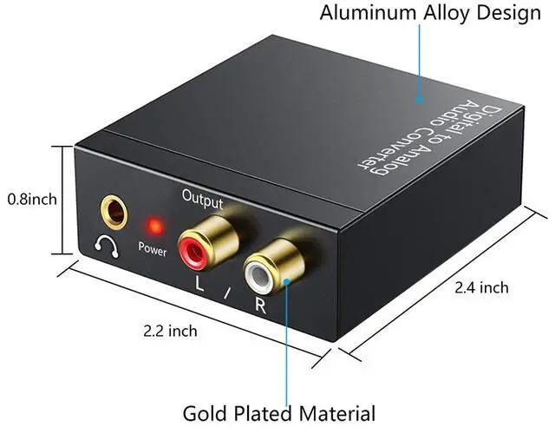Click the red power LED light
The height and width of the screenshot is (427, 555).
pyautogui.click(x=155, y=226)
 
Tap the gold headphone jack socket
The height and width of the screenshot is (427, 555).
pyautogui.click(x=114, y=212)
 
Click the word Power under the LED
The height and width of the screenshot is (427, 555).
pyautogui.click(x=153, y=249)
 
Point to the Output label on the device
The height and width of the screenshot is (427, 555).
pyautogui.click(x=202, y=199)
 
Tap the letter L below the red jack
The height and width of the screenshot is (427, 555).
pyautogui.click(x=199, y=284)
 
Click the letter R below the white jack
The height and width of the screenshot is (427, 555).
pyautogui.click(x=261, y=305)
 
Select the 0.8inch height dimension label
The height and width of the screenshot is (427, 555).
pyautogui.click(x=32, y=199)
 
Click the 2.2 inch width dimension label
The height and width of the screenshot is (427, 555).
pyautogui.click(x=170, y=331)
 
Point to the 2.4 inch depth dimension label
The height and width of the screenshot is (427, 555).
pyautogui.click(x=481, y=287)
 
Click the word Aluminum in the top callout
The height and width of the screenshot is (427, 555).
pyautogui.click(x=368, y=13)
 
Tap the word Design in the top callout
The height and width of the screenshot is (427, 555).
pyautogui.click(x=509, y=13)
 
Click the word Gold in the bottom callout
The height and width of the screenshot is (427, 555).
pyautogui.click(x=206, y=413)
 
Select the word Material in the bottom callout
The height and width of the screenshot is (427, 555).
pyautogui.click(x=337, y=413)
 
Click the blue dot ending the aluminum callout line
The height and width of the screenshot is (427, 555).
pyautogui.click(x=420, y=99)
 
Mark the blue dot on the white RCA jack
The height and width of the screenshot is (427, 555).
pyautogui.click(x=287, y=282)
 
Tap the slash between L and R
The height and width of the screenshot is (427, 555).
pyautogui.click(x=227, y=293)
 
